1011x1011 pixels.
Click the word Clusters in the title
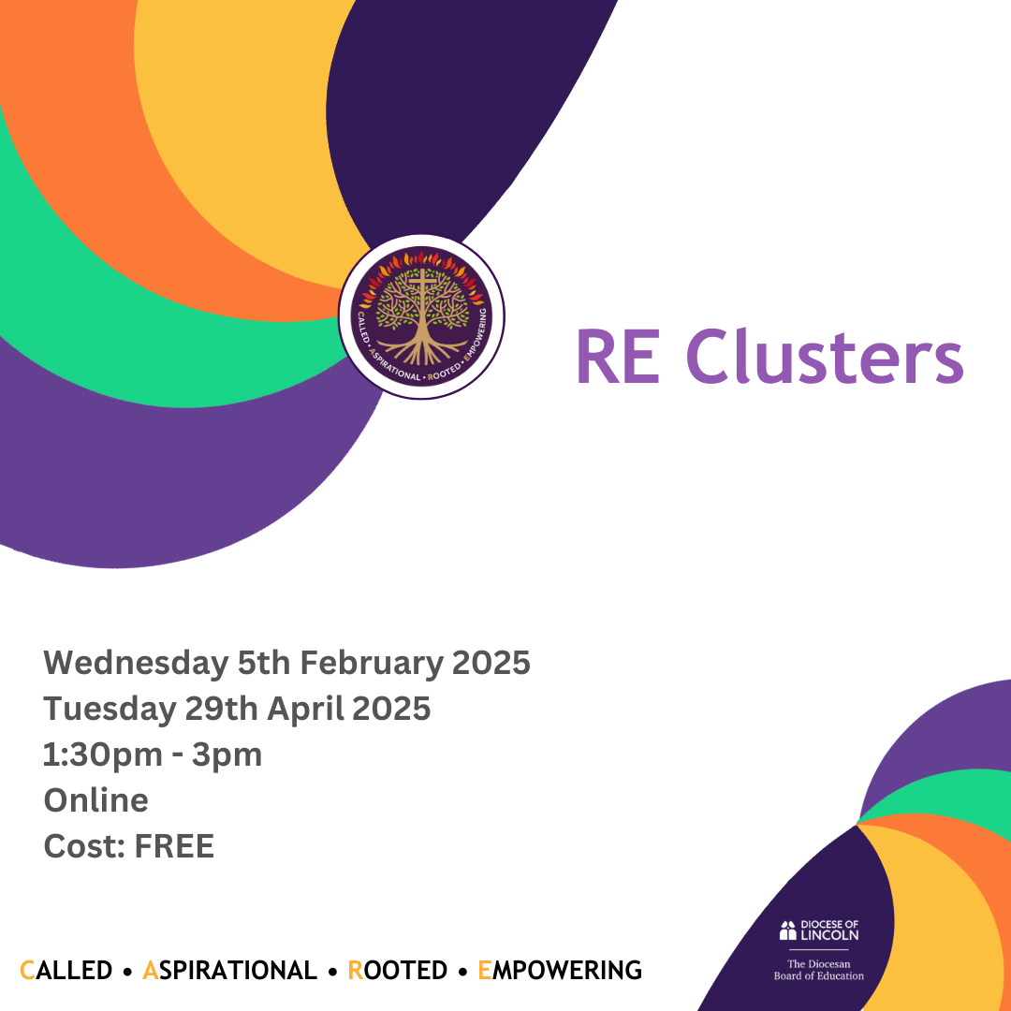[x=825, y=356]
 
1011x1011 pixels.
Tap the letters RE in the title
[x=619, y=357]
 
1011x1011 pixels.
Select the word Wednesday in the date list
[x=136, y=664]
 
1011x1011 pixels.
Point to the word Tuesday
[x=110, y=710]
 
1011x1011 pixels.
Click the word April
[x=306, y=710]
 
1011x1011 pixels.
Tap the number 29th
[x=222, y=708]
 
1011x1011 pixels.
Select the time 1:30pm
[x=103, y=755]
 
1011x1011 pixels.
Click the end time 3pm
[x=227, y=755]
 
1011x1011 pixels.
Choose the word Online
[x=96, y=800]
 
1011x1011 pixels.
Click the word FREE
[x=174, y=846]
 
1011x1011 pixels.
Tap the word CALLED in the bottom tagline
[x=66, y=971]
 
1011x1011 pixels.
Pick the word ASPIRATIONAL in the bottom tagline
[x=229, y=971]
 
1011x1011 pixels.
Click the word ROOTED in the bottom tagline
[x=397, y=971]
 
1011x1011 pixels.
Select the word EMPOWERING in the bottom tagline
[x=560, y=971]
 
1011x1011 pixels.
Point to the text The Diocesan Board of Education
[x=819, y=970]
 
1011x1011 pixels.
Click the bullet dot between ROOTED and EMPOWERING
[x=462, y=972]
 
